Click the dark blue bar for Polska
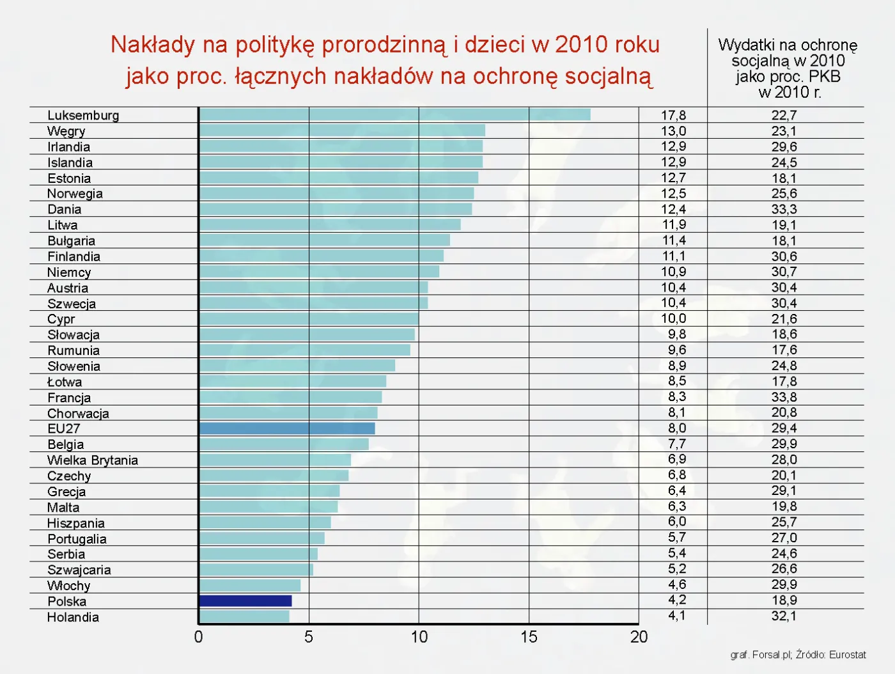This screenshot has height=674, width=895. tap(245, 600)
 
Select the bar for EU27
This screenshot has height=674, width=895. tap(287, 428)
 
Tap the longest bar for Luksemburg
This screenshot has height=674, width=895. tap(394, 115)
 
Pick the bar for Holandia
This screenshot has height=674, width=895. tap(244, 616)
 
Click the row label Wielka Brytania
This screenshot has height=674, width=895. tap(93, 460)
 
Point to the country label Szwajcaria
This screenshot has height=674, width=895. tap(79, 570)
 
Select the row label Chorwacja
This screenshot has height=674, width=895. tap(78, 413)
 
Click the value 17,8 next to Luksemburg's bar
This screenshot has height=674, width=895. tap(673, 115)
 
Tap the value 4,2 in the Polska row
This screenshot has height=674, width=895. tap(677, 600)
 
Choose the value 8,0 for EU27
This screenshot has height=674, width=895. tap(677, 428)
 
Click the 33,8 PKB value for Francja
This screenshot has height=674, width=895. tap(784, 397)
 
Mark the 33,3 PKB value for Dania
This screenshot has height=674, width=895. tap(784, 209)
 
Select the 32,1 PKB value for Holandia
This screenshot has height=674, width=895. tap(784, 616)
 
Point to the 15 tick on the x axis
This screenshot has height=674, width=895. tap(529, 637)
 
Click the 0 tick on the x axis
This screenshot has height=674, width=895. tap(199, 637)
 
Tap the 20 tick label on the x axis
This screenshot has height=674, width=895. tap(639, 637)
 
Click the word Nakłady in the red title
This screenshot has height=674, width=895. tap(152, 45)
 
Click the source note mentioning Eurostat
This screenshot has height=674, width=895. tap(798, 655)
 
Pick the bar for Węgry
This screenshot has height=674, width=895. tap(342, 130)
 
